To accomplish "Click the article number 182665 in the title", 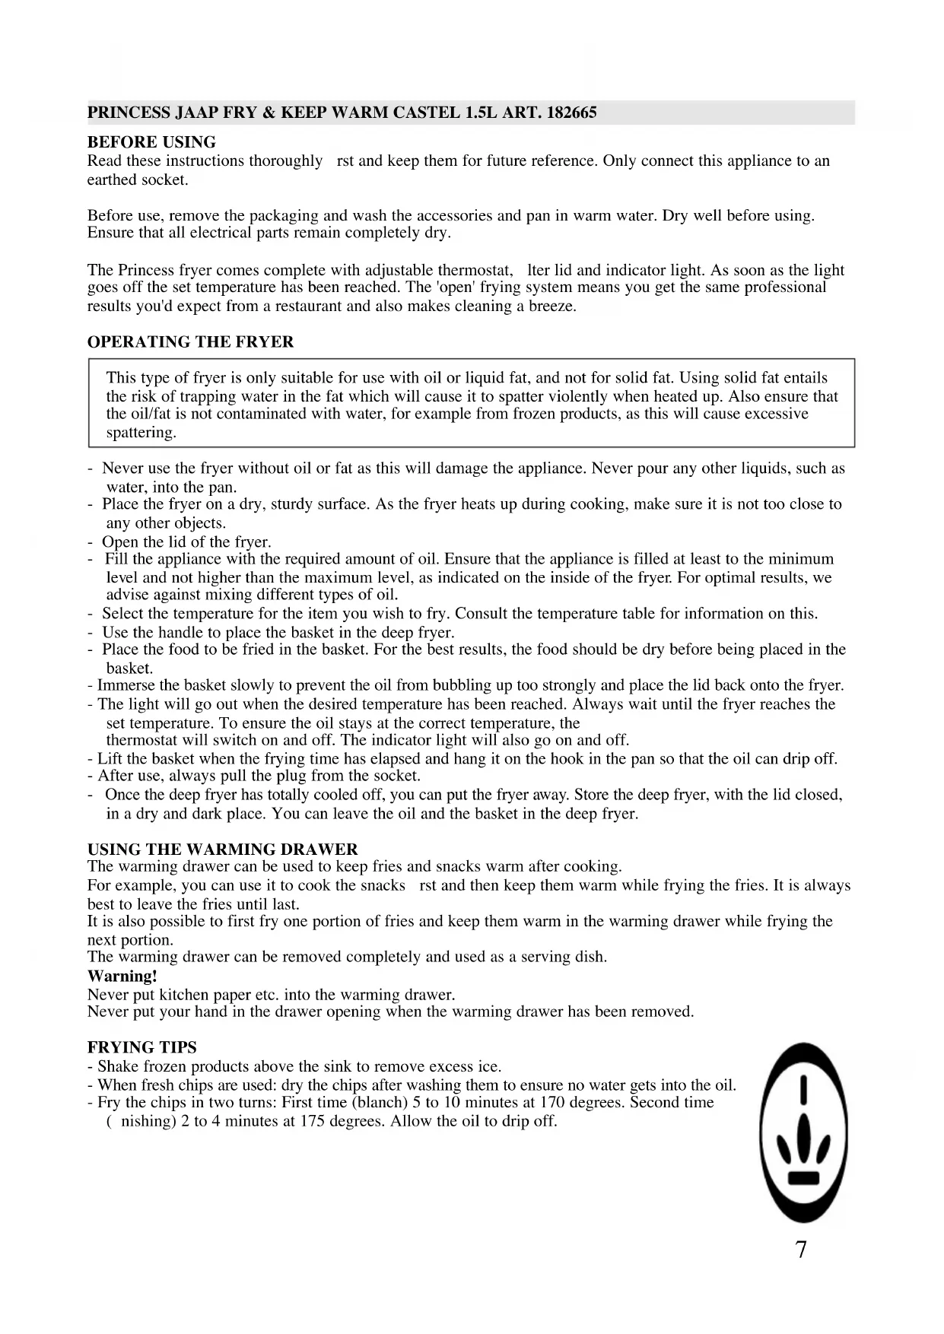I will pos(571,113).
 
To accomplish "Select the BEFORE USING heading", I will pos(151,142).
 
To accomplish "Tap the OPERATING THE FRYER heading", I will pos(190,342).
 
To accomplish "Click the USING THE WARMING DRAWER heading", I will pos(222,850).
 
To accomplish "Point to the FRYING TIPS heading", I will pos(141,1047).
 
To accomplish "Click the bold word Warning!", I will pos(122,977).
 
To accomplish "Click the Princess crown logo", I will pos(803,1132).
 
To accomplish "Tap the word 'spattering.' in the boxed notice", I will pos(141,433).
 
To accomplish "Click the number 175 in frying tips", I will pos(313,1122).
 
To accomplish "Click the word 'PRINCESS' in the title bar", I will pos(129,113).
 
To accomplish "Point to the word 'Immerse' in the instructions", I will pos(125,686).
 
